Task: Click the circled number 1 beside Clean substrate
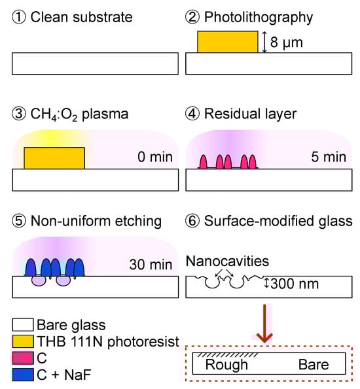20,16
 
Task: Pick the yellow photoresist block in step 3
54,158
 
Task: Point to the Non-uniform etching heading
96,222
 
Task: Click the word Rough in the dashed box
226,365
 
